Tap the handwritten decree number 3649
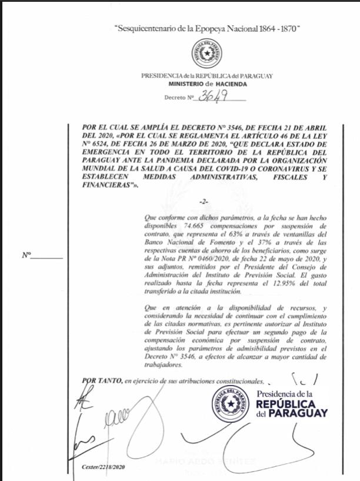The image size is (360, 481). tap(210, 97)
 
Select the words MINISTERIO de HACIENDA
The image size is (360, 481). tap(206, 84)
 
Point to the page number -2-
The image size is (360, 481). tap(204, 201)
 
